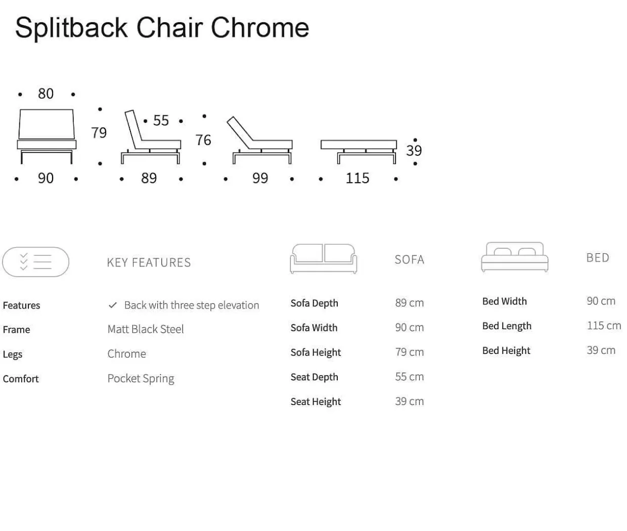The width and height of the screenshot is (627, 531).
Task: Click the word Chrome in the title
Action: click(x=260, y=28)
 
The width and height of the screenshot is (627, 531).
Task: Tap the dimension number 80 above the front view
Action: click(x=46, y=94)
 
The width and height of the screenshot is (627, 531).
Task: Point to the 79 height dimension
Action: click(x=99, y=132)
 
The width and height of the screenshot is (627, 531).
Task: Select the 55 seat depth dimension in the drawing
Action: click(x=161, y=120)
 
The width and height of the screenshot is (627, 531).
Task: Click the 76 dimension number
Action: click(x=203, y=140)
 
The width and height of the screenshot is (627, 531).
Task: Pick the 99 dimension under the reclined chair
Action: click(x=260, y=178)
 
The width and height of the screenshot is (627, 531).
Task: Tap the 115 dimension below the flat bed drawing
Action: click(x=357, y=178)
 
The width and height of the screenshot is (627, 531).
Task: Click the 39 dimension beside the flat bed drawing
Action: click(x=414, y=151)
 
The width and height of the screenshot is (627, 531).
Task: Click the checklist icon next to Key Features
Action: click(x=36, y=262)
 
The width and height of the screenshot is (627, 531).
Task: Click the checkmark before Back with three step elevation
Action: click(x=113, y=305)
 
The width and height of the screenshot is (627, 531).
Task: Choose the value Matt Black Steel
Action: click(x=146, y=329)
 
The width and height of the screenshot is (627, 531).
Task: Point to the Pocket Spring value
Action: click(x=141, y=379)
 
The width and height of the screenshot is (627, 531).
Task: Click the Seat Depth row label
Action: click(x=314, y=377)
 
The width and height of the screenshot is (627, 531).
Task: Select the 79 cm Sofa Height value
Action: click(x=410, y=352)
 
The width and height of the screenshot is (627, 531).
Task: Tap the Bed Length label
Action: click(x=507, y=326)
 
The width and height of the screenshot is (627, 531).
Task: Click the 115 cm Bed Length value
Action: click(x=604, y=326)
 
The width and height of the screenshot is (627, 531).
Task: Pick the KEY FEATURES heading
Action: click(x=149, y=262)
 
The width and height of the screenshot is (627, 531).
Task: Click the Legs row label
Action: click(x=13, y=355)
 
